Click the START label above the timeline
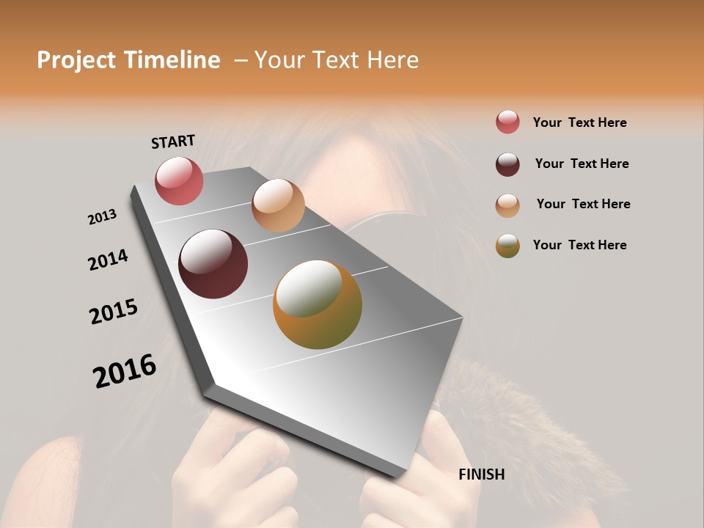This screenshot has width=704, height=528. [x=173, y=141]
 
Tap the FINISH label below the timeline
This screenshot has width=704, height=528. [x=481, y=474]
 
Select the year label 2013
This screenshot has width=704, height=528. [x=102, y=216]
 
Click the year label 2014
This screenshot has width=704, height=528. [x=108, y=260]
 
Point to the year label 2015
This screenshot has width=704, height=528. [x=114, y=312]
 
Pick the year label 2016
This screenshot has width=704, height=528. [x=125, y=370]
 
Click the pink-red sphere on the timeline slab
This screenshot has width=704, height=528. [x=179, y=180]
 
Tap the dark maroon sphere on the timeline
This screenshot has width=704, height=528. [x=213, y=264]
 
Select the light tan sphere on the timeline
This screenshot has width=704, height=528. [x=278, y=205]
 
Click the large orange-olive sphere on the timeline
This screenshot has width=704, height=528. [x=318, y=304]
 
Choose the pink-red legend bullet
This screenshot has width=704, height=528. [x=507, y=122]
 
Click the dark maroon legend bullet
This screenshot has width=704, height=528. [x=507, y=164]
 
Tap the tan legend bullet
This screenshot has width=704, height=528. [x=507, y=205]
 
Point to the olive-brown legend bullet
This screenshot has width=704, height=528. [x=507, y=246]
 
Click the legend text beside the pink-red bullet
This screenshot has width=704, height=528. [x=579, y=122]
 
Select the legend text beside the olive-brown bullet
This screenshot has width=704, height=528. [x=579, y=245]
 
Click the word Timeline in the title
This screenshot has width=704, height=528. [x=173, y=60]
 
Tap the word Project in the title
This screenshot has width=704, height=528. [x=76, y=61]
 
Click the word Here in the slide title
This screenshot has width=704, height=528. [x=388, y=60]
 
